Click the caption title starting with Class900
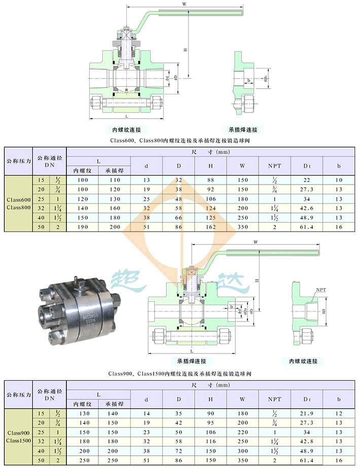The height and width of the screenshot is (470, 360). [x=179, y=374]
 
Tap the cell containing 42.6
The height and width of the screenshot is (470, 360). [x=307, y=207]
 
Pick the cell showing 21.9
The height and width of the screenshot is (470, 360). [x=307, y=414]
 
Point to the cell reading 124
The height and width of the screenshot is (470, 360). [x=210, y=207]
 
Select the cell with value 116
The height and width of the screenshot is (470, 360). [x=210, y=441]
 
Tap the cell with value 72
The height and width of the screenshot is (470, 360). [x=178, y=450]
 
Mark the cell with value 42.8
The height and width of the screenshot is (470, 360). [x=307, y=441]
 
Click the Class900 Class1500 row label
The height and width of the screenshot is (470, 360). [x=19, y=437]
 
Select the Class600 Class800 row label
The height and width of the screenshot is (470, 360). [x=19, y=203]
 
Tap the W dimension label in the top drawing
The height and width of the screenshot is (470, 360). [x=184, y=4]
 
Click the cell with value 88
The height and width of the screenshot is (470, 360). [x=210, y=179]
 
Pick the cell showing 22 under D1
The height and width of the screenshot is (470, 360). [x=307, y=179]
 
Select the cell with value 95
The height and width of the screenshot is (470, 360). [x=210, y=423]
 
